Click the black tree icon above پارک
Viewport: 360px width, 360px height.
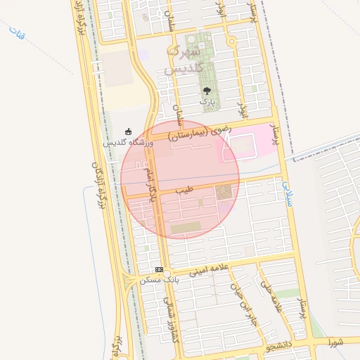coord(207,91)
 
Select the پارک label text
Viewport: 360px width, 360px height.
coord(207,102)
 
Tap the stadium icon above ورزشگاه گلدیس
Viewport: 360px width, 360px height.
coord(128,131)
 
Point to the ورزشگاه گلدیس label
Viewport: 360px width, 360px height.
coord(128,142)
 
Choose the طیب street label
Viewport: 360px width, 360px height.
coord(184,190)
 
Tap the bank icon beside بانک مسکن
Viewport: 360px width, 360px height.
coord(160,269)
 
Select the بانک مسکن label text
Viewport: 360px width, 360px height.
coord(160,280)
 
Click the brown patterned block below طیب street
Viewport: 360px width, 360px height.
coord(224,192)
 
